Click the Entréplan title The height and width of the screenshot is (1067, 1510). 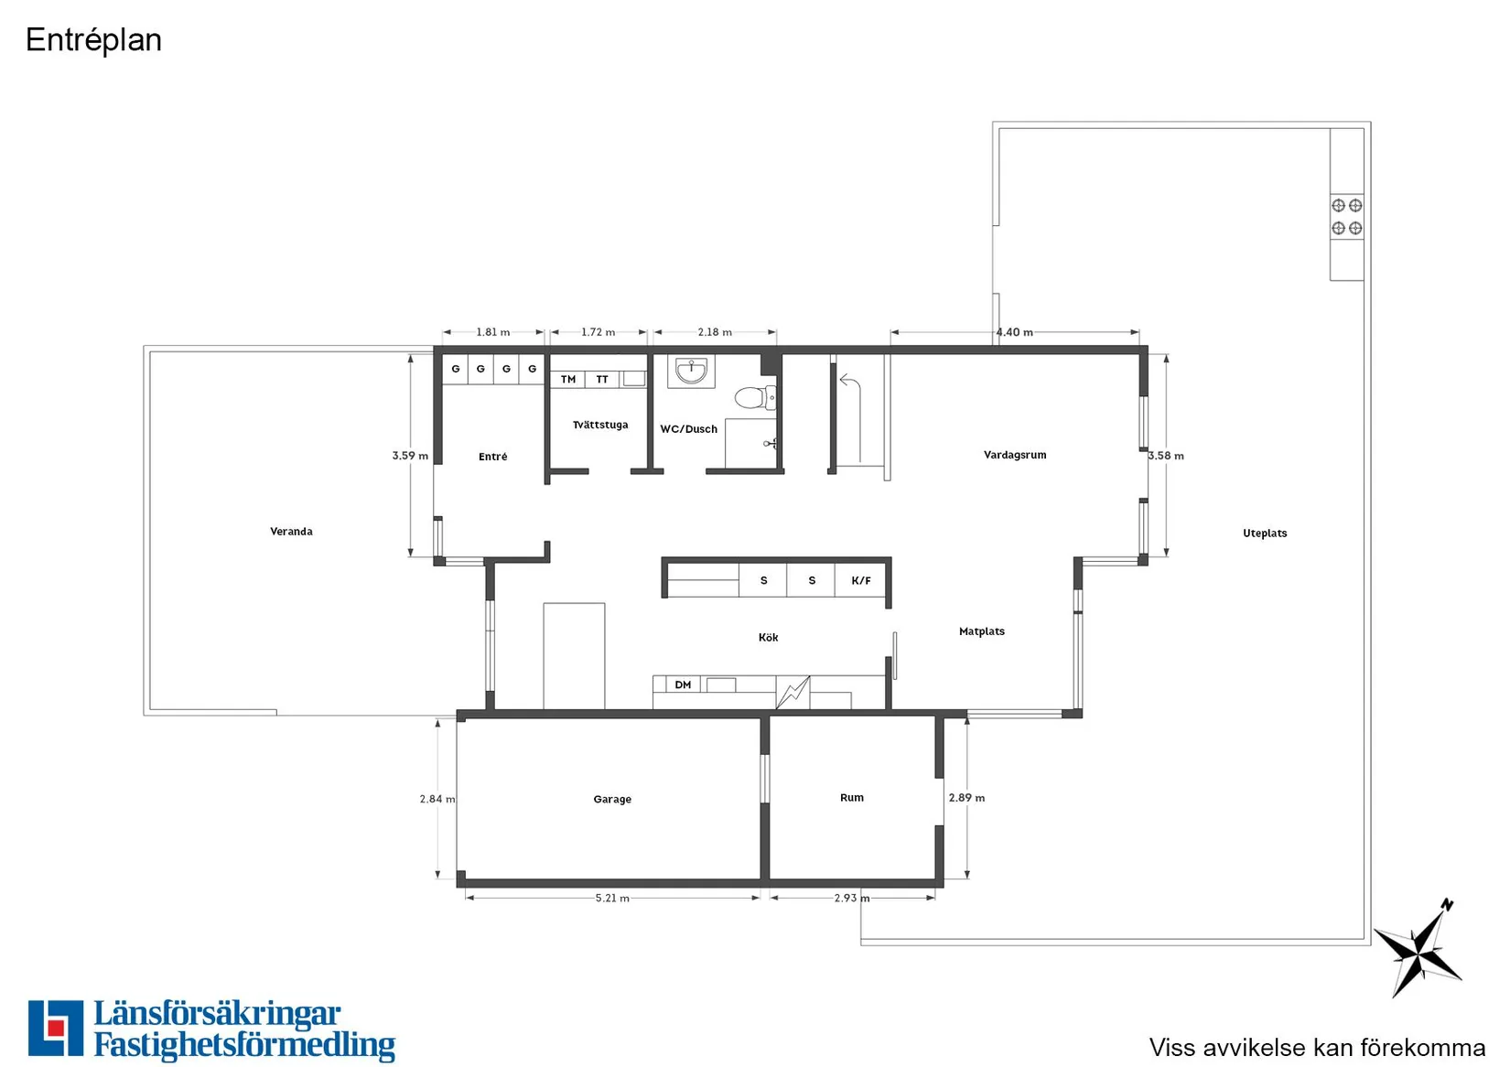[x=93, y=40]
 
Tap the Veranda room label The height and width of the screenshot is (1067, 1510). [x=291, y=531]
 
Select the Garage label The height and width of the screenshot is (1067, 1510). [x=612, y=799]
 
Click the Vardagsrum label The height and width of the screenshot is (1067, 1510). [x=1015, y=454]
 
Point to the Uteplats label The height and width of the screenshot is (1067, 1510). [x=1265, y=533]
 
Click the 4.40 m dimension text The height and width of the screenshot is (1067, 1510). [x=1015, y=331]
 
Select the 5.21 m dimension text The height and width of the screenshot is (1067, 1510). [x=612, y=898]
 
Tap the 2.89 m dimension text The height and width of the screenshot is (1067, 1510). [x=966, y=797]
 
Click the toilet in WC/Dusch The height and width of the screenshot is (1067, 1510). [x=755, y=397]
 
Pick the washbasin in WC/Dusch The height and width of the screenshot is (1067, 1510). [x=691, y=371]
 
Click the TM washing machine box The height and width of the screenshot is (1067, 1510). [x=567, y=380]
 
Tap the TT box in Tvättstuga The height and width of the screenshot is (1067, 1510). [x=602, y=380]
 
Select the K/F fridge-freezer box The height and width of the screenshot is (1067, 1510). [x=861, y=580]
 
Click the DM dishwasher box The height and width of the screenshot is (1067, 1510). [x=683, y=684]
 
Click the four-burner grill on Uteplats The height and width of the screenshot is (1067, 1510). [x=1347, y=216]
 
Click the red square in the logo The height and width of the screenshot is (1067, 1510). [x=56, y=1028]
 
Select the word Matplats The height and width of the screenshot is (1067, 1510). [x=981, y=630]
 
